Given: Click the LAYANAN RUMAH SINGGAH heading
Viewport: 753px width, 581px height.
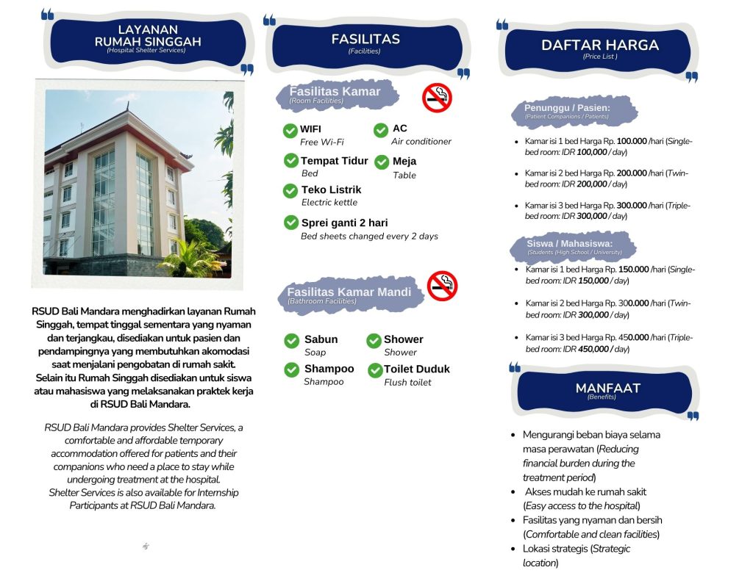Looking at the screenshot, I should click(148, 36).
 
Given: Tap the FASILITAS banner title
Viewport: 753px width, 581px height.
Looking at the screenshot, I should click(365, 39).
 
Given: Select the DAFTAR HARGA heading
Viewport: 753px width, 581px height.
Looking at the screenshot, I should click(600, 45).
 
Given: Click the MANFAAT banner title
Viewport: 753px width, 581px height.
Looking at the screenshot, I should click(607, 388).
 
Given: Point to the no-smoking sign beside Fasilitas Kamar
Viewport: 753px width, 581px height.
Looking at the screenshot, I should click(437, 97).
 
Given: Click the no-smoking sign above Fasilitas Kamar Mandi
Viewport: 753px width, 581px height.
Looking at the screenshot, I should click(442, 286).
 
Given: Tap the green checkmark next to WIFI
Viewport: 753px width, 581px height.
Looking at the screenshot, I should click(290, 131).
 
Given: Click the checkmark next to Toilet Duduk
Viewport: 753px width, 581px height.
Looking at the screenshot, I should click(374, 370).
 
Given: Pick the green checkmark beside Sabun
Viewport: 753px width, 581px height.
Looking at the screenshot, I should click(292, 341).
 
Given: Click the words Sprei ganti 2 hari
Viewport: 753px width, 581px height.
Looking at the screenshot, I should click(344, 223).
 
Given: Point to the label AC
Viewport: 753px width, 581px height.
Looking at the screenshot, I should click(399, 129).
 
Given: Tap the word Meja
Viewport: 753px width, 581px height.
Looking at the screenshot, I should click(404, 161).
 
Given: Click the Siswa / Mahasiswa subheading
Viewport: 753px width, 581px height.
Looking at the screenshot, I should click(569, 244).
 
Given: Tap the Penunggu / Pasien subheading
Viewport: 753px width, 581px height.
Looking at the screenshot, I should click(567, 108).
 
